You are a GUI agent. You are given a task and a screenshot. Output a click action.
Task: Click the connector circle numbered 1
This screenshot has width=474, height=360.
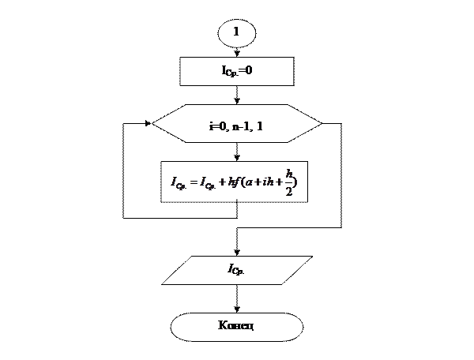(236, 33)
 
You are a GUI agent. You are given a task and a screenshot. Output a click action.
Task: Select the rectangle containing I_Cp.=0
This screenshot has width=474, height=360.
(237, 71)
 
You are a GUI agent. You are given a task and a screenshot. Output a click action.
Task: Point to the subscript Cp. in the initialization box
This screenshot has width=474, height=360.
(234, 73)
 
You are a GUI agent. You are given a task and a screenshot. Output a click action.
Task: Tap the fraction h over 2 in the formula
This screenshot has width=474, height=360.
(289, 182)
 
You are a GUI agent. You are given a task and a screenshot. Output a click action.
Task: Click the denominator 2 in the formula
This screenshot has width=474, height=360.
(289, 190)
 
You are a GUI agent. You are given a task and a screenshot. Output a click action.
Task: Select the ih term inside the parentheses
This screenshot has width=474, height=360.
(269, 182)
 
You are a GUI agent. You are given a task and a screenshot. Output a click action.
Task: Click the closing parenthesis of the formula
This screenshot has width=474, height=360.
(298, 182)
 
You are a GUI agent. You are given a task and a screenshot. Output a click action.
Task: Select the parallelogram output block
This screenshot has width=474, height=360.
(237, 270)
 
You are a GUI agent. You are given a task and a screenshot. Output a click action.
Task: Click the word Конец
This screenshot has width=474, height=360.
(236, 325)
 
